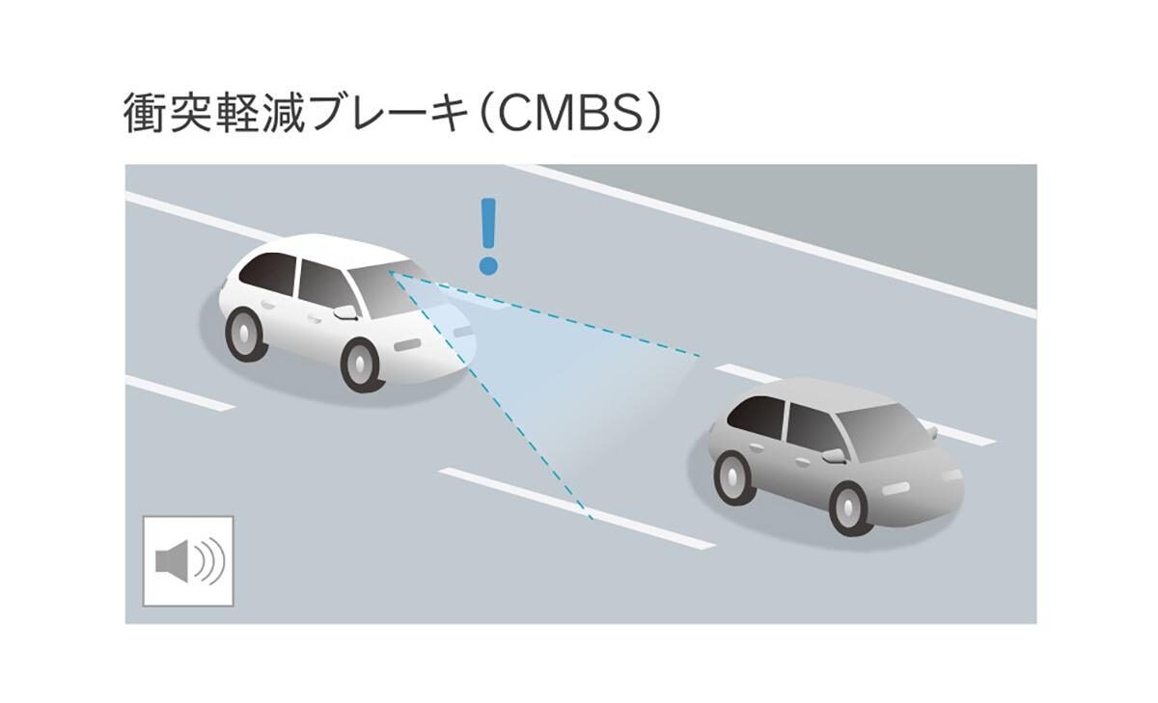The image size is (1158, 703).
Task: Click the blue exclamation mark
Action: tap(488, 235)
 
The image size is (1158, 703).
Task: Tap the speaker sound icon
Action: tap(188, 561)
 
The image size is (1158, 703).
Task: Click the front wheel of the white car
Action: tap(362, 365)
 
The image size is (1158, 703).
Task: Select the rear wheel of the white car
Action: tap(245, 333)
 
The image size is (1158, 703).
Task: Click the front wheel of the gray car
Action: tap(850, 507)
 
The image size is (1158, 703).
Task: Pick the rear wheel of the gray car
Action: tap(734, 475)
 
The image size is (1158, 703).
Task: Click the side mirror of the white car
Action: tap(345, 312)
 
